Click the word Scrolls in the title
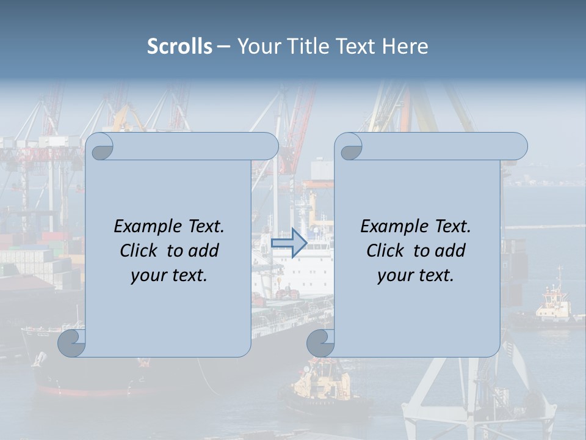point(180,46)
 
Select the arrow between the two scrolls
point(289,243)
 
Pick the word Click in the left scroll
point(140,251)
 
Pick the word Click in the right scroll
point(386,251)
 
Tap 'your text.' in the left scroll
point(169,276)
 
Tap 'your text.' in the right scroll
point(416,276)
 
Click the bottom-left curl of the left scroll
point(72,343)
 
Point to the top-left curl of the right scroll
point(350,147)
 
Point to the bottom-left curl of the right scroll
point(320,343)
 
